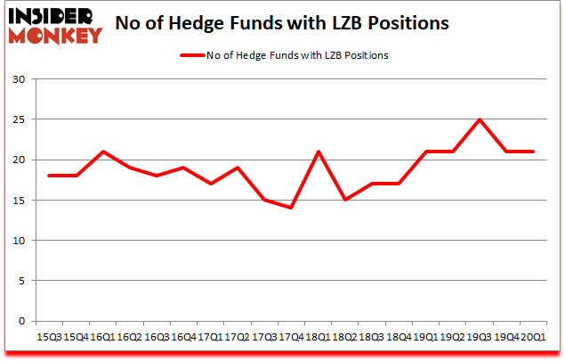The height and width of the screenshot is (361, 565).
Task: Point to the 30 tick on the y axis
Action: (18, 79)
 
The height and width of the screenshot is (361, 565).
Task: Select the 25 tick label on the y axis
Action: (18, 119)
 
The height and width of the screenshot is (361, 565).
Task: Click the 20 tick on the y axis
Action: (18, 160)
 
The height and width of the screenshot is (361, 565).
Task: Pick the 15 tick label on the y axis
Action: (18, 200)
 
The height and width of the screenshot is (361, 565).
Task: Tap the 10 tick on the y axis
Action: (18, 241)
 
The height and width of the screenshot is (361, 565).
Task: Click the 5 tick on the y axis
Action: (20, 281)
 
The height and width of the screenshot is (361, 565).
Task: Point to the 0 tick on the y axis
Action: (20, 321)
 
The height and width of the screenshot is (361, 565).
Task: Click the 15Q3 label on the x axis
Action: (50, 337)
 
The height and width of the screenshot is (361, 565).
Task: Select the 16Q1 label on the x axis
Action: (103, 337)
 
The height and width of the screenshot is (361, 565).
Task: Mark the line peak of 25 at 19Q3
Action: (479, 119)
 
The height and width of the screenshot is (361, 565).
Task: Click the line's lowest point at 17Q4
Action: (290, 208)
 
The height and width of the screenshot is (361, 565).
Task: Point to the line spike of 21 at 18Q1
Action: (318, 152)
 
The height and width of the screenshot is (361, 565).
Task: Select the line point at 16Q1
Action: (103, 152)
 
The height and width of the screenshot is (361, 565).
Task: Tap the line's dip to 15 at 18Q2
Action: (344, 200)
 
